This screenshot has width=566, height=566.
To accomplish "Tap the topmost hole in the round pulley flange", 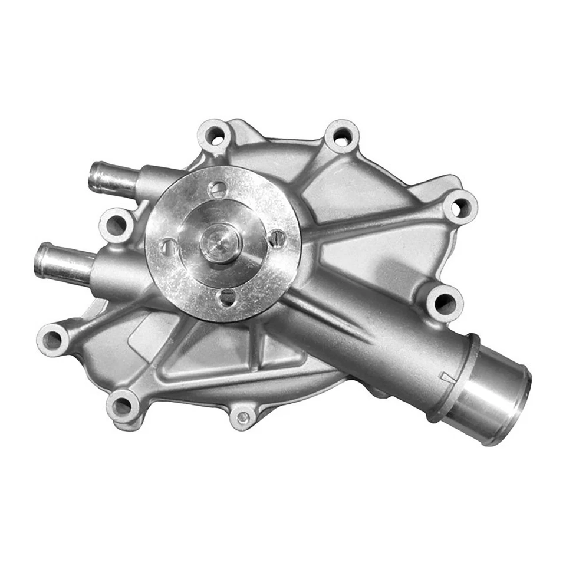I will click(x=218, y=189).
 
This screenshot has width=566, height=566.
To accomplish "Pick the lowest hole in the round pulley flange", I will click(x=227, y=297).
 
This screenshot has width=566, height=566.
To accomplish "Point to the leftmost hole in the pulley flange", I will click(x=169, y=246).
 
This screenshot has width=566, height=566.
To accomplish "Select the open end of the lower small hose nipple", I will click(x=41, y=261).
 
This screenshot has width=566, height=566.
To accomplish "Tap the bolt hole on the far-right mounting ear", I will click(x=459, y=207).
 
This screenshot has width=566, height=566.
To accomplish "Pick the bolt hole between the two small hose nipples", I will click(x=116, y=225).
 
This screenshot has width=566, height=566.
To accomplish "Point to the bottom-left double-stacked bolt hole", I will click(x=123, y=406).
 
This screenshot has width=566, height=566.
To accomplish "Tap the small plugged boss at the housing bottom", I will click(x=242, y=417).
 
